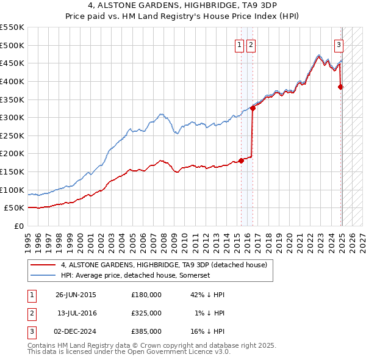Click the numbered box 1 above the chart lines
pos(240,44)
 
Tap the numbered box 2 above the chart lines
pos(251,44)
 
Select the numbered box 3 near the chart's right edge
pos(339,44)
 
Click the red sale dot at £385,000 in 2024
pos(341,87)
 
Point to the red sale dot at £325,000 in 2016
pos(253,109)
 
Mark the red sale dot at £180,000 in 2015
pos(241,160)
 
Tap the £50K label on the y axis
pos(15,208)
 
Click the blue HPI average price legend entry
pos(135,276)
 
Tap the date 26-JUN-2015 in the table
pos(76,295)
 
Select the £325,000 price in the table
pos(146,313)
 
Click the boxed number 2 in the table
pos(31,313)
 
